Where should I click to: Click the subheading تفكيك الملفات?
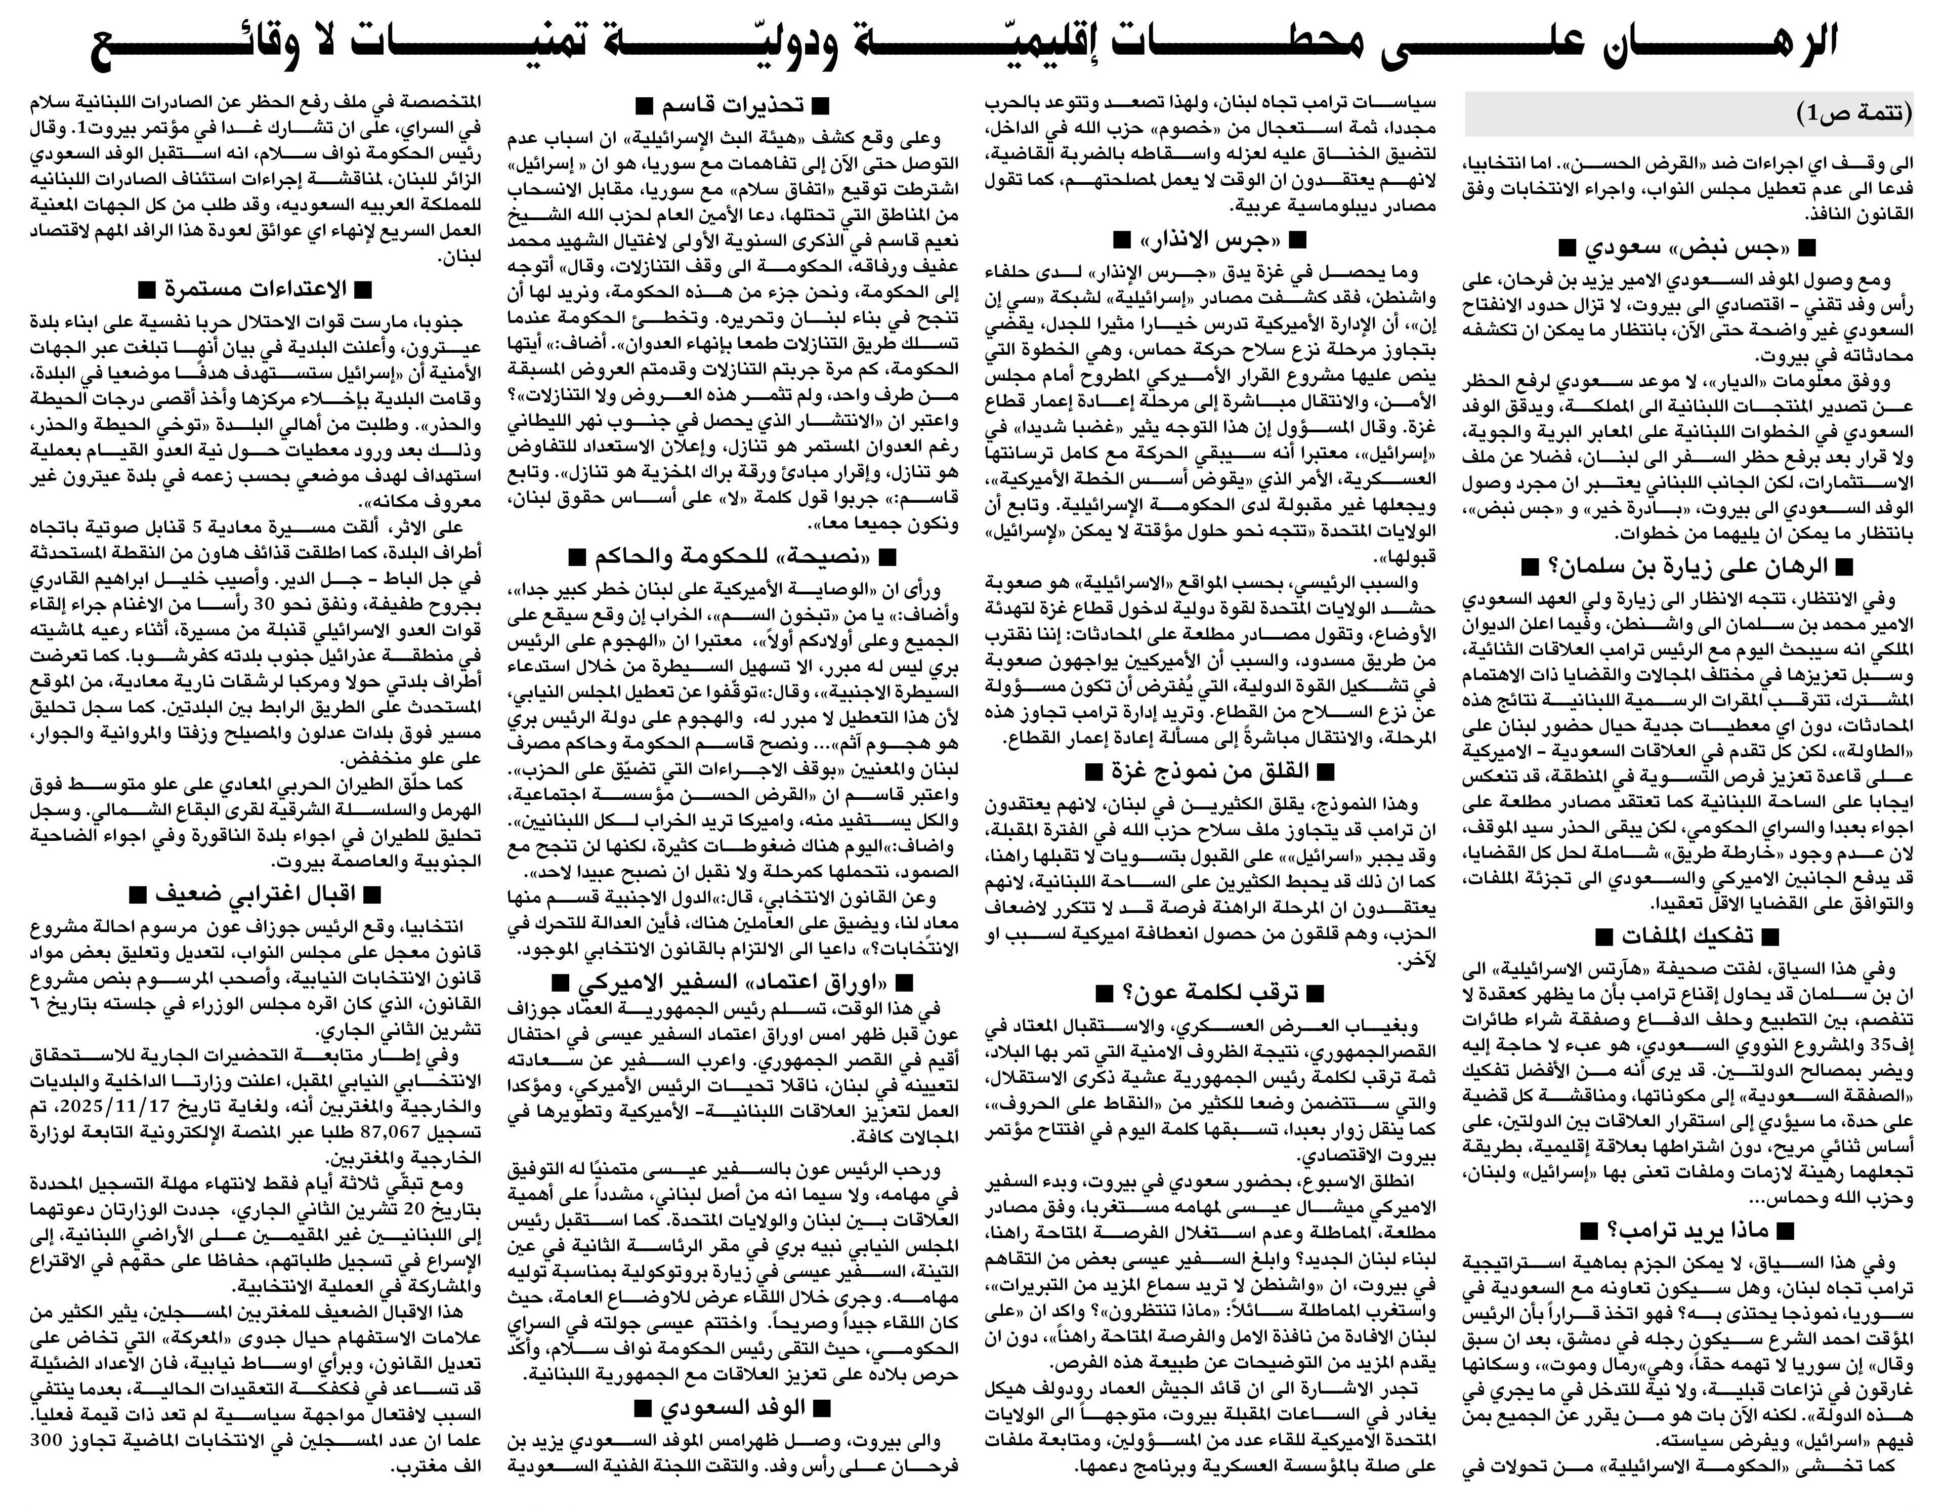[1686, 936]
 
